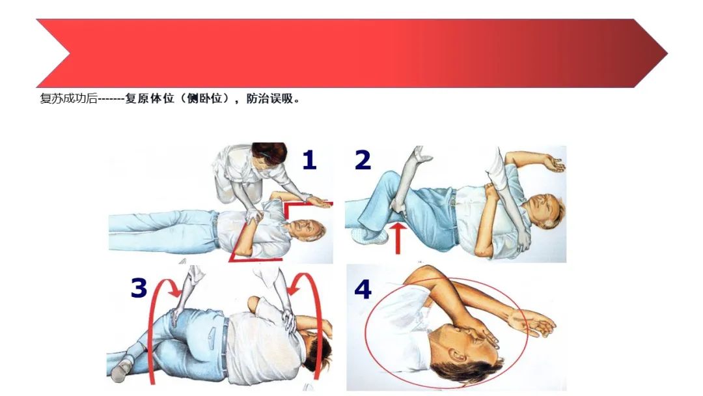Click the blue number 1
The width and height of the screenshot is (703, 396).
click(x=309, y=160)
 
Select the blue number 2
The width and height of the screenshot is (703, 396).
click(x=363, y=160)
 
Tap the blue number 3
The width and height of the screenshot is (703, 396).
click(x=139, y=287)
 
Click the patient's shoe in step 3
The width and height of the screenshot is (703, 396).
click(x=119, y=373)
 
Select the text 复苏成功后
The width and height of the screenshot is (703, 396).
click(x=68, y=99)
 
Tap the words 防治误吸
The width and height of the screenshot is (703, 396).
click(x=269, y=99)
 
